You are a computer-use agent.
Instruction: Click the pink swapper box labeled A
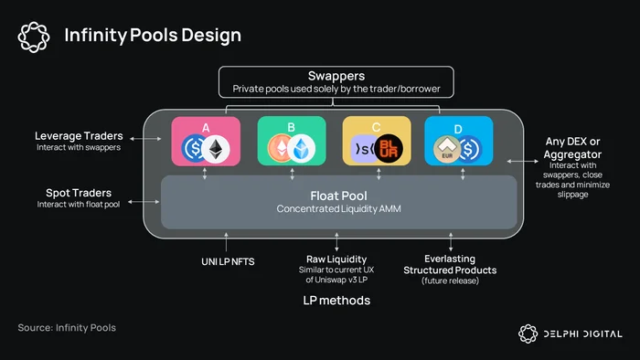pyautogui.click(x=206, y=141)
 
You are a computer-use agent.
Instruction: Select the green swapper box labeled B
pyautogui.click(x=292, y=141)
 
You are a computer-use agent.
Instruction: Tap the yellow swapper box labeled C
pyautogui.click(x=377, y=141)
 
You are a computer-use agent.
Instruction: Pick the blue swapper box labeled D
pyautogui.click(x=459, y=141)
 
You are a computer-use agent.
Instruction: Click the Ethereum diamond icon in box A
pyautogui.click(x=216, y=149)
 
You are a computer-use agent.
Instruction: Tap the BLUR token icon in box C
pyautogui.click(x=389, y=148)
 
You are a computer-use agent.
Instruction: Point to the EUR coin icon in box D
pyautogui.click(x=447, y=149)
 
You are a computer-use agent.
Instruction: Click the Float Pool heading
pyautogui.click(x=339, y=196)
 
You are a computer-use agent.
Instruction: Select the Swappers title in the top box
pyautogui.click(x=336, y=76)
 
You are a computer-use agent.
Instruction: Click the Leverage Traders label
pyautogui.click(x=79, y=136)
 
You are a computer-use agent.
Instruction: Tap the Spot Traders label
pyautogui.click(x=79, y=193)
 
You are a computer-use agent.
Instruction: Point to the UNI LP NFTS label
pyautogui.click(x=228, y=261)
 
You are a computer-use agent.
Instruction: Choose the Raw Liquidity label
pyautogui.click(x=336, y=259)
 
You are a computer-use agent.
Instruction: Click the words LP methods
pyautogui.click(x=336, y=301)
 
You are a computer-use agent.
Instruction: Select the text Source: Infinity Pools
pyautogui.click(x=67, y=328)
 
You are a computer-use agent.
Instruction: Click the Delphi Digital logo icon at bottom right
pyautogui.click(x=528, y=334)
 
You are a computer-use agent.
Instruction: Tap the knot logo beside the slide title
pyautogui.click(x=34, y=37)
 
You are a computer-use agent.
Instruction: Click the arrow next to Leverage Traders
pyautogui.click(x=145, y=139)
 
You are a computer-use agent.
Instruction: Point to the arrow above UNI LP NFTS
pyautogui.click(x=226, y=242)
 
